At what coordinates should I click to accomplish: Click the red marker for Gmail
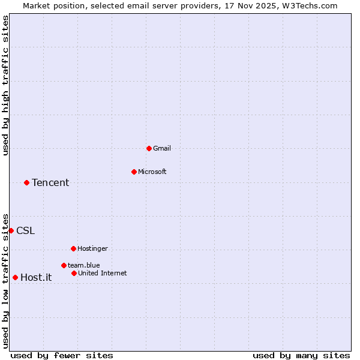(149, 148)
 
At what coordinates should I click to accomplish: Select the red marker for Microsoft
(134, 172)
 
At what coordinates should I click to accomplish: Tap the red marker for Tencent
(26, 182)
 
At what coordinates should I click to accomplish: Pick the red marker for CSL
(11, 230)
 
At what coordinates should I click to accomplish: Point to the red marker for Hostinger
(73, 248)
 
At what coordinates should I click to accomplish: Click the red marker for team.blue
(64, 265)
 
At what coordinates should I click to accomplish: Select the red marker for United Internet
(74, 273)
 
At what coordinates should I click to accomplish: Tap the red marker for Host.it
(15, 277)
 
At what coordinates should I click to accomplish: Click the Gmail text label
(162, 148)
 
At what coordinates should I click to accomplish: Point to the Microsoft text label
(152, 172)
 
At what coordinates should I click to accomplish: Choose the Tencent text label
(50, 183)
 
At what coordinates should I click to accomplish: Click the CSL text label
(25, 231)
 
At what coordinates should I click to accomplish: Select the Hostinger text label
(92, 248)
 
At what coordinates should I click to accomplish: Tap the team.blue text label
(84, 265)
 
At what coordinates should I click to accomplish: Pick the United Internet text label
(103, 273)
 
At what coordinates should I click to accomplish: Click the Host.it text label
(36, 278)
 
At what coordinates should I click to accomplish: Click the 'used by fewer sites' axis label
(62, 356)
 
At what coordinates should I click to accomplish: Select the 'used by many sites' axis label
(301, 356)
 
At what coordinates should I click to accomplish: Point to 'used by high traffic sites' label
(5, 85)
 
